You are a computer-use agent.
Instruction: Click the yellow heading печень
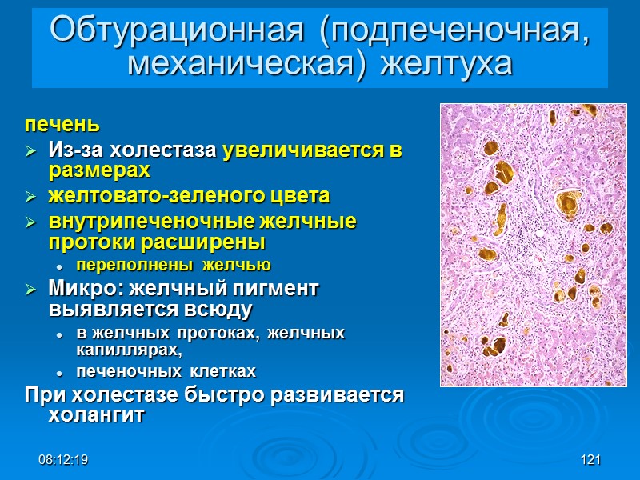62,125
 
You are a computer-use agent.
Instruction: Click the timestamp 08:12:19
65,460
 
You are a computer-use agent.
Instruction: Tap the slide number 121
590,460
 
